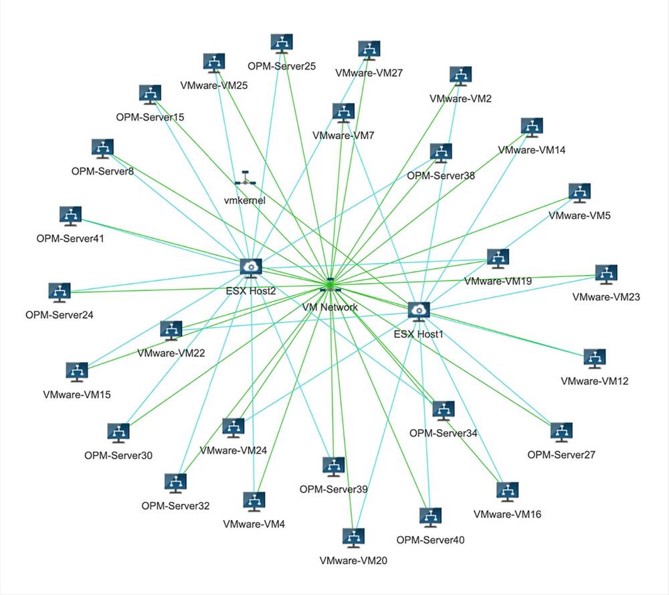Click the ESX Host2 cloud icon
(251, 268)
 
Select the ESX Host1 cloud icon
(419, 312)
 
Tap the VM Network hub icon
(330, 286)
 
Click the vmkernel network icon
(246, 179)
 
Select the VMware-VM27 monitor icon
(369, 51)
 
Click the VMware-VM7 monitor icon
(343, 113)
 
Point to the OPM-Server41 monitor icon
(70, 216)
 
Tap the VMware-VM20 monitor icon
(354, 538)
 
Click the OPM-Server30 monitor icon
(118, 433)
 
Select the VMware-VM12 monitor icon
(595, 359)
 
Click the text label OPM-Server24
(60, 315)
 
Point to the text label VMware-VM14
(532, 150)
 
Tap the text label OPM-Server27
(561, 454)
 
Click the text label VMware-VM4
(254, 524)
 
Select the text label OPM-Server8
(102, 171)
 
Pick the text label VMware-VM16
(507, 514)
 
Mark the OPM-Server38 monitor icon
(441, 153)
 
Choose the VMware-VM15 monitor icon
(77, 372)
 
